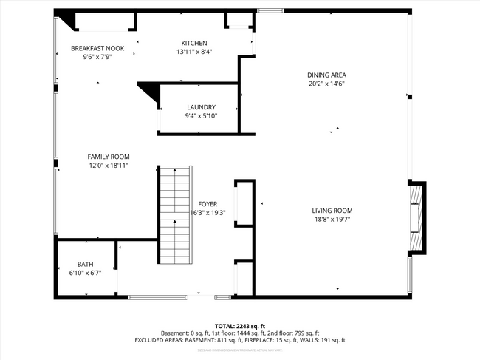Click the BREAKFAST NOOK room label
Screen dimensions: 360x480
tap(97, 48)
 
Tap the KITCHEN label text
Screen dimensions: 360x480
tap(194, 43)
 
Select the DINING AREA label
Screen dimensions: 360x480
tap(327, 75)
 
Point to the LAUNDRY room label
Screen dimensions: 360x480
tap(201, 107)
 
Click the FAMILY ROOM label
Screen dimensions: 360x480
tap(109, 157)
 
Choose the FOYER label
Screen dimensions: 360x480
tap(208, 203)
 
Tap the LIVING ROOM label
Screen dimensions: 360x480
tap(332, 211)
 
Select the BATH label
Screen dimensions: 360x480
tap(86, 264)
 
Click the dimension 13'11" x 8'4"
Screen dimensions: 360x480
tap(194, 52)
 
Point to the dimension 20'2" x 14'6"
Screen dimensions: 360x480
tap(327, 84)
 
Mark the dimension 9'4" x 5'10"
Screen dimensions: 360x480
tap(201, 116)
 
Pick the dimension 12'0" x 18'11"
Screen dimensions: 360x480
tap(109, 166)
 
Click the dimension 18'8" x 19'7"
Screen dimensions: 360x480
tap(332, 220)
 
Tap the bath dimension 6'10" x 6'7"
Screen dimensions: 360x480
tap(86, 273)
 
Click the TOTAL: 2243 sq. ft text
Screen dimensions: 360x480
tap(240, 326)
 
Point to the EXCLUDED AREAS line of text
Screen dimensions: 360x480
tap(240, 340)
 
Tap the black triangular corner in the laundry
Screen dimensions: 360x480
tap(151, 91)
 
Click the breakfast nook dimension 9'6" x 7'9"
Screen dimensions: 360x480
tap(97, 57)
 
